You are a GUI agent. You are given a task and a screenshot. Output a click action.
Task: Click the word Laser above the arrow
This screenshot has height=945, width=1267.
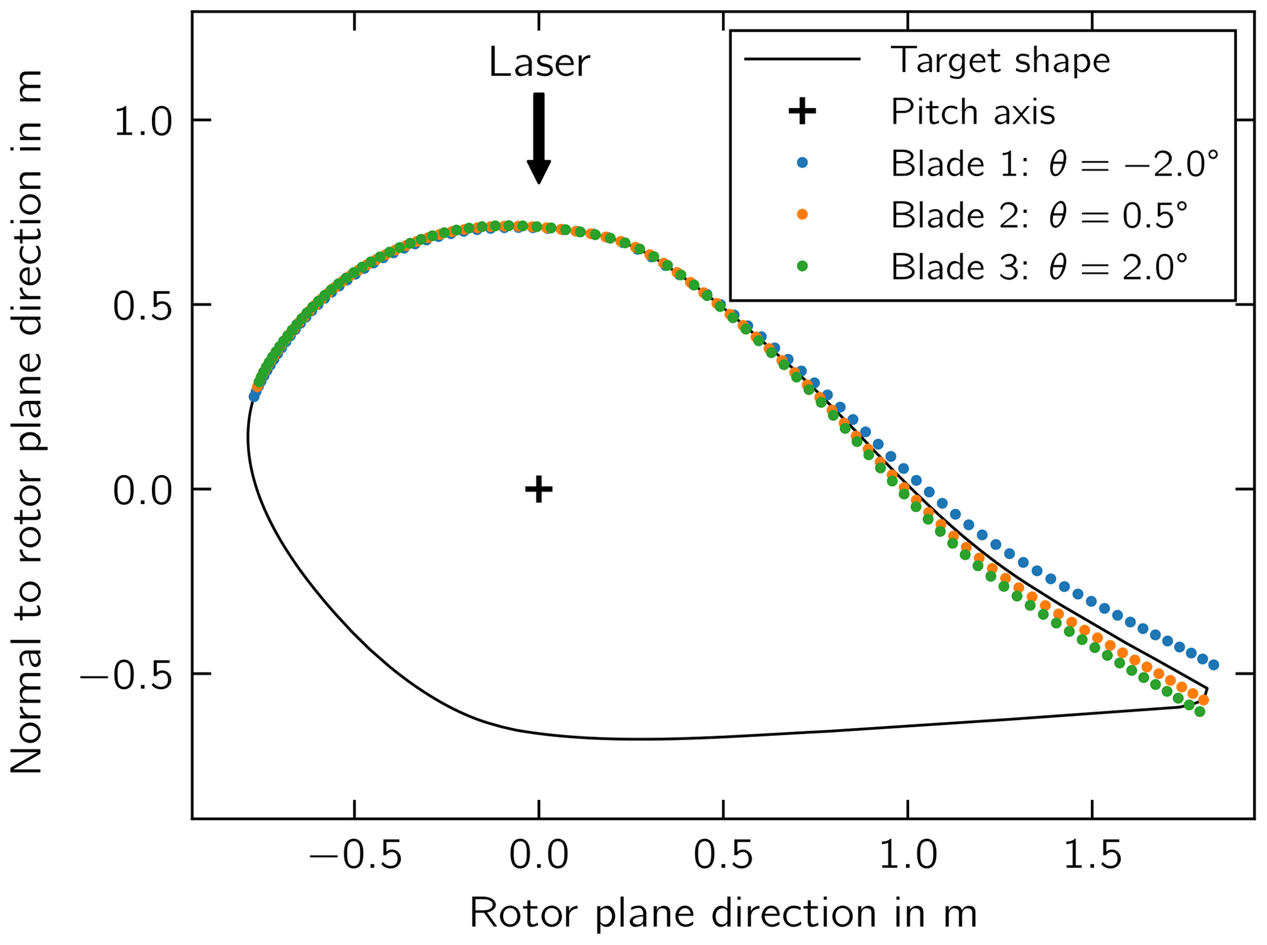click(538, 63)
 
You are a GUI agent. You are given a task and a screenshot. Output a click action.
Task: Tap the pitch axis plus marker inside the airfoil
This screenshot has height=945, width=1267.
click(539, 489)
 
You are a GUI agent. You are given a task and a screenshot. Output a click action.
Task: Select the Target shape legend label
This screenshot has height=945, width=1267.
click(1000, 60)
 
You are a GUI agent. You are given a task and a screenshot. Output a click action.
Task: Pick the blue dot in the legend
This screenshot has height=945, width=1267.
click(802, 163)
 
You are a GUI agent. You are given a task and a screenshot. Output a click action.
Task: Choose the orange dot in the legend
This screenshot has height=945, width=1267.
click(802, 214)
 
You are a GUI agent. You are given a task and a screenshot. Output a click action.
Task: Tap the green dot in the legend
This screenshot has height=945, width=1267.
click(802, 266)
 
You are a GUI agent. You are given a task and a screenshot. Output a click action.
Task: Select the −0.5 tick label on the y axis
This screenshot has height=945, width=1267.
click(126, 675)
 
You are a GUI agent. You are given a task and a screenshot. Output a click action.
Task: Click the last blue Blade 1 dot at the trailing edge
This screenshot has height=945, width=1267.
click(1214, 665)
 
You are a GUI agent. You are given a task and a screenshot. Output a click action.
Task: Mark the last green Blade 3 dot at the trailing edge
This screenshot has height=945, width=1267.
click(1200, 711)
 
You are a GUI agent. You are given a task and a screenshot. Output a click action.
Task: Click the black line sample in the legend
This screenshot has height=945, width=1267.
click(802, 59)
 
